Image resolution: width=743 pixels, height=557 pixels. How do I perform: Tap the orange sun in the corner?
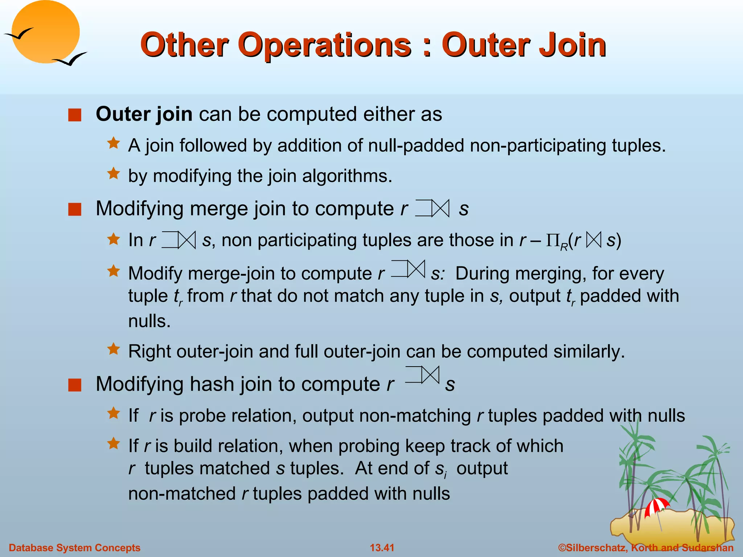click(x=45, y=30)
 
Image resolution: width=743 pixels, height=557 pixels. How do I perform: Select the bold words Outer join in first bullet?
click(x=144, y=114)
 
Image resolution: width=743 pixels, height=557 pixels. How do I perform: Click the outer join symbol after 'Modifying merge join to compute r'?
click(x=432, y=209)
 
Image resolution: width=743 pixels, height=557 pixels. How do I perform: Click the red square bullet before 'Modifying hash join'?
click(x=75, y=385)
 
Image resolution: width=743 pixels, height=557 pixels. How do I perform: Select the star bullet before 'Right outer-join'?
click(x=114, y=349)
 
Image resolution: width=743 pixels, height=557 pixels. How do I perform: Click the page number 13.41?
click(x=382, y=548)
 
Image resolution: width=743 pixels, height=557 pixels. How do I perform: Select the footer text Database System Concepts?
click(x=74, y=548)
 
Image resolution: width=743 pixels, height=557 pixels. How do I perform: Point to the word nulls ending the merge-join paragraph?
click(x=149, y=321)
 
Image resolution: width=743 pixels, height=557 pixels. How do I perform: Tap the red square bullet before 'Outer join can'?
click(x=75, y=115)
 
